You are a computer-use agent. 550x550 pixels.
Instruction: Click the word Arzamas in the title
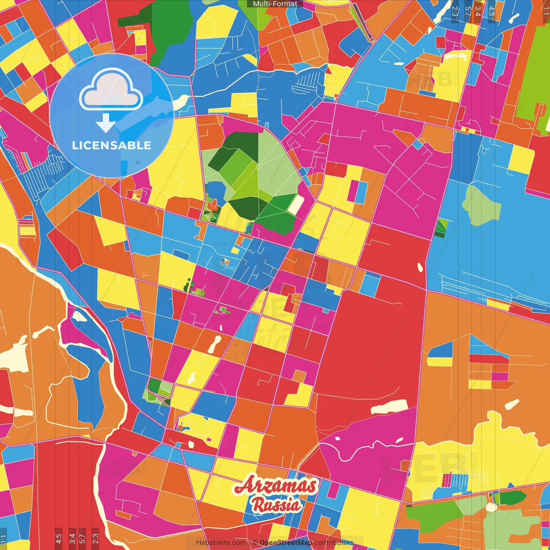tap(275, 486)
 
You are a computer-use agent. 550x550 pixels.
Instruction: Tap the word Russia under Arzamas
tap(276, 504)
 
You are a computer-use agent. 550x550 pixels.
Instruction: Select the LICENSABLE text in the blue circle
tap(111, 145)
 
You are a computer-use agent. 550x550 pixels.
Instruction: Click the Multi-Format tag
tap(275, 4)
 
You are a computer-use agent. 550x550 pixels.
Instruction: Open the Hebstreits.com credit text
tap(221, 543)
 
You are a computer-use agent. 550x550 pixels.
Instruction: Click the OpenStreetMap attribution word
tap(286, 543)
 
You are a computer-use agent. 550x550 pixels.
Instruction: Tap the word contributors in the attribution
tap(333, 543)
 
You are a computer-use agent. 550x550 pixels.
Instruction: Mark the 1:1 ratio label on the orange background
tap(546, 11)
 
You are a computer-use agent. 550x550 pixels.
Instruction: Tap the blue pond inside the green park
tap(214, 191)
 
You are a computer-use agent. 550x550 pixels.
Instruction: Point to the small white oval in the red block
tap(420, 268)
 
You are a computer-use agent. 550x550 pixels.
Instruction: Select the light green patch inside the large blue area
tap(481, 205)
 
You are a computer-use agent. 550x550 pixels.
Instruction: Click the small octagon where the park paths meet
tap(258, 166)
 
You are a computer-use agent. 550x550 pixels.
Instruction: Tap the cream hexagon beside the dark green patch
tap(491, 507)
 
